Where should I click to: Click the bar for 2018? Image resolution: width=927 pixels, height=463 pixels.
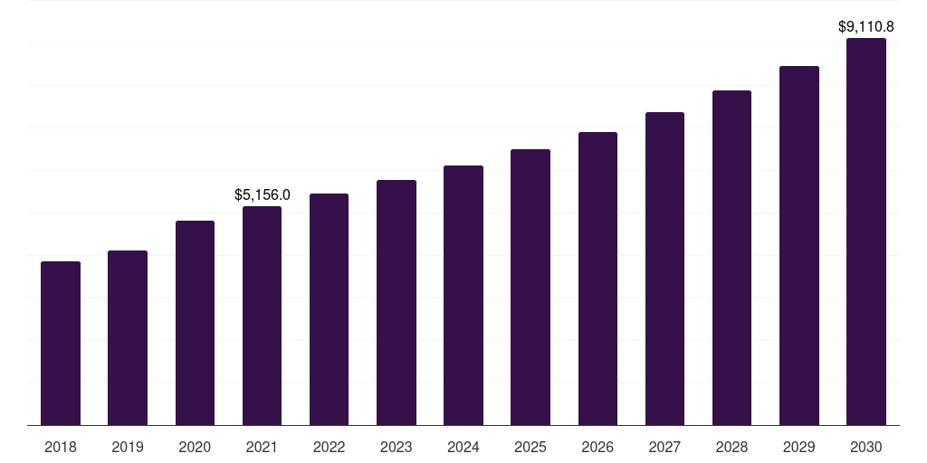tap(61, 344)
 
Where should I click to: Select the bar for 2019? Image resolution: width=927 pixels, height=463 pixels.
tap(128, 338)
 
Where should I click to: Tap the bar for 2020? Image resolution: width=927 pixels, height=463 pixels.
tap(195, 323)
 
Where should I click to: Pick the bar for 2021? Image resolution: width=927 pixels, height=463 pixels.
tap(262, 316)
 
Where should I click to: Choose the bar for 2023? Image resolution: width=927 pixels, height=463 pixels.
tap(397, 303)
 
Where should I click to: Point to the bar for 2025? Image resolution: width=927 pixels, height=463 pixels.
tap(530, 288)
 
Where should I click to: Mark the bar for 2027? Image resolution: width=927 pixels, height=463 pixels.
tap(664, 269)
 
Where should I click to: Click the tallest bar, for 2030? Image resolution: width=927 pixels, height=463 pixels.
tap(866, 231)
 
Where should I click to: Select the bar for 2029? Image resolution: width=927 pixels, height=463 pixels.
tap(799, 246)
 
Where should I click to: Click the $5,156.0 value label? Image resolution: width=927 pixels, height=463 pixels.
tap(262, 194)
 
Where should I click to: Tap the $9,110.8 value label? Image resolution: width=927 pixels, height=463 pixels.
tap(866, 27)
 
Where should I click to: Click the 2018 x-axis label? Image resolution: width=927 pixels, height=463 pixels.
tap(61, 447)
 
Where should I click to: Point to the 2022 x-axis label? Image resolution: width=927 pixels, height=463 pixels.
tap(330, 447)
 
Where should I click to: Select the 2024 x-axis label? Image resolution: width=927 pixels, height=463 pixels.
tap(463, 447)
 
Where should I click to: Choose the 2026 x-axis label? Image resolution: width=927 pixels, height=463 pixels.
tap(597, 447)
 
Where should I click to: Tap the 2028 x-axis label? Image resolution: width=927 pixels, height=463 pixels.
tap(731, 447)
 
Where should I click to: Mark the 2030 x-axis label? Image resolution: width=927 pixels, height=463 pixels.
tap(866, 447)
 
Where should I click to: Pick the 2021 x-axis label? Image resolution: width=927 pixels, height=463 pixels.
tap(262, 447)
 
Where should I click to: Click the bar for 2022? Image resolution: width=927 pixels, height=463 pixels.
tap(330, 309)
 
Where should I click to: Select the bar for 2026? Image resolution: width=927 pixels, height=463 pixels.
tap(597, 279)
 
